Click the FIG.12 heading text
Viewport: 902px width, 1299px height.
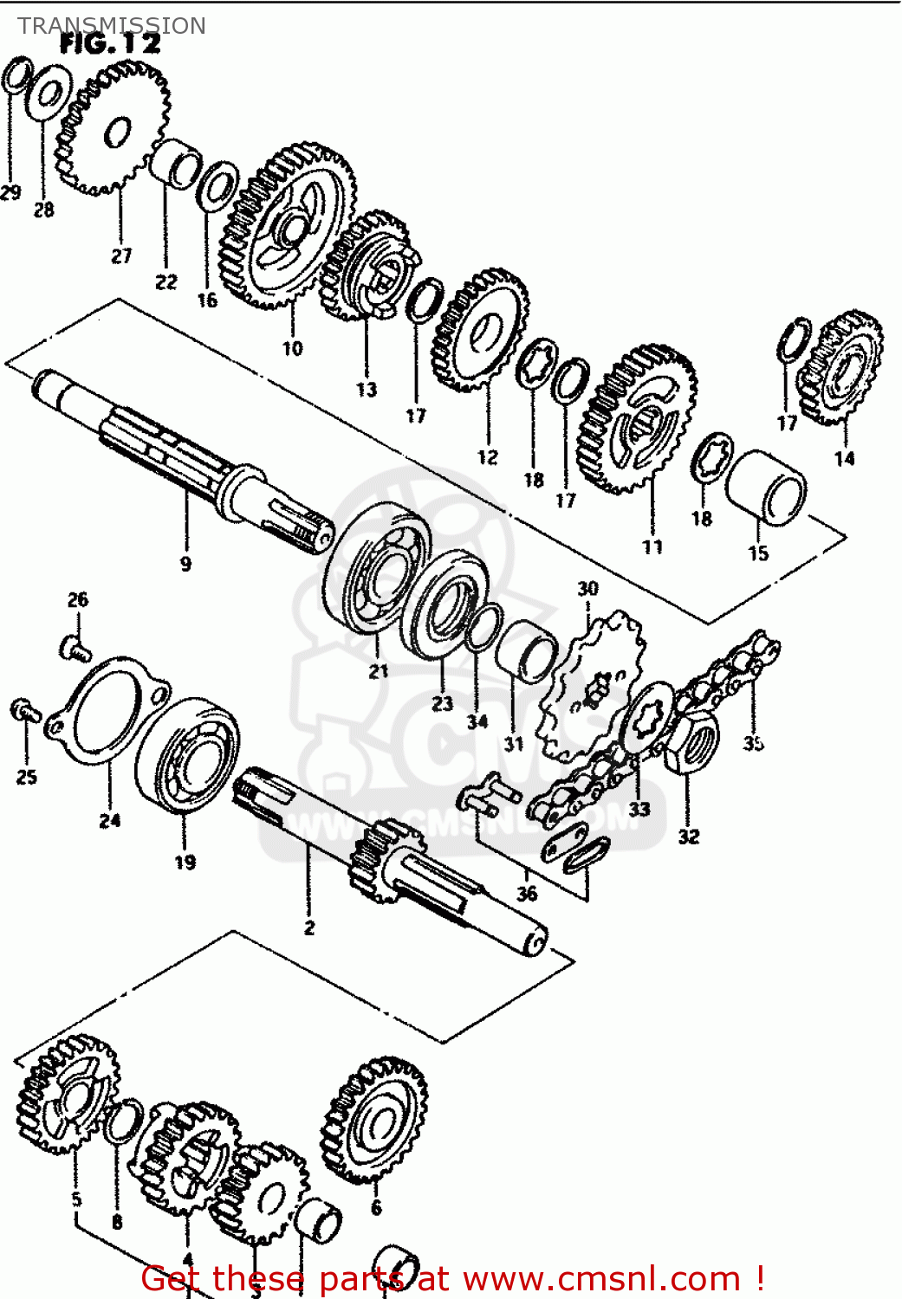pyautogui.click(x=110, y=45)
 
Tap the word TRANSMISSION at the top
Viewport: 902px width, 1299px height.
pyautogui.click(x=112, y=26)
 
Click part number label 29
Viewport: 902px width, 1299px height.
pyautogui.click(x=10, y=192)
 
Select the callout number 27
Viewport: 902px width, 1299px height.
pyautogui.click(x=121, y=255)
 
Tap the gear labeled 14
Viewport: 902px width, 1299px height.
pyautogui.click(x=841, y=367)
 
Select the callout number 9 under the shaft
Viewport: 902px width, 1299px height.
pyautogui.click(x=185, y=564)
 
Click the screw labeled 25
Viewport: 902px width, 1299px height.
pyautogui.click(x=24, y=710)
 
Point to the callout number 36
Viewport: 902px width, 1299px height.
pyautogui.click(x=527, y=894)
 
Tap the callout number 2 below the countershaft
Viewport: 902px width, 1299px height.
pyautogui.click(x=309, y=927)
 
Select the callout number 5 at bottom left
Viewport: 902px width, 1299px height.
pyautogui.click(x=76, y=1199)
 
